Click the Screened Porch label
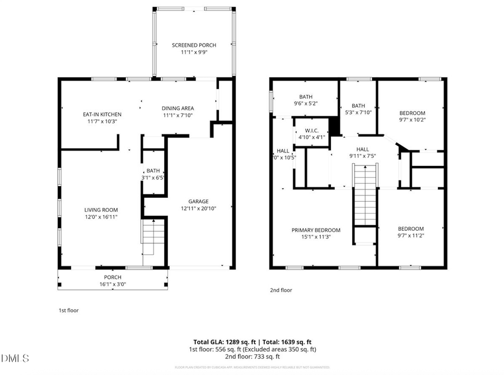(194, 45)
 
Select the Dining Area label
(178, 108)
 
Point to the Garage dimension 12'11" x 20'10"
(198, 208)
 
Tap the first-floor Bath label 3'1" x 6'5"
(153, 175)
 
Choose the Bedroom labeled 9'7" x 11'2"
(410, 229)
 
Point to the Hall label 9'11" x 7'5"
(362, 149)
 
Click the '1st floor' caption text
(68, 310)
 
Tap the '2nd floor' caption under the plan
(281, 290)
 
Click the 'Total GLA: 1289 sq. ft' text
(223, 341)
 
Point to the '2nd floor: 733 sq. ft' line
(252, 357)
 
